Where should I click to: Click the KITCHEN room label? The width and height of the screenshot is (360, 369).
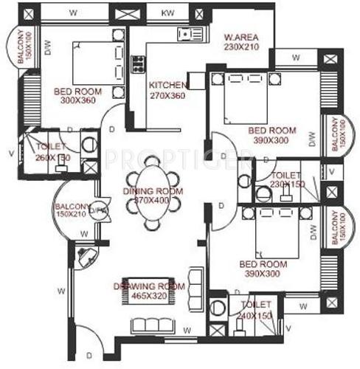168,85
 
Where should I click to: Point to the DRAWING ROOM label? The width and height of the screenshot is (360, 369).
148,286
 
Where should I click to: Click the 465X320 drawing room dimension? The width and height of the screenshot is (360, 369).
148,297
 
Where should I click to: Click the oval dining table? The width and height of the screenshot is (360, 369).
151,199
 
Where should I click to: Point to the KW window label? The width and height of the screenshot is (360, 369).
168,12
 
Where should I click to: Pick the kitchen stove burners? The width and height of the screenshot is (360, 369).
136,64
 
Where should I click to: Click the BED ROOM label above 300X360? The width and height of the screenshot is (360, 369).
77,92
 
